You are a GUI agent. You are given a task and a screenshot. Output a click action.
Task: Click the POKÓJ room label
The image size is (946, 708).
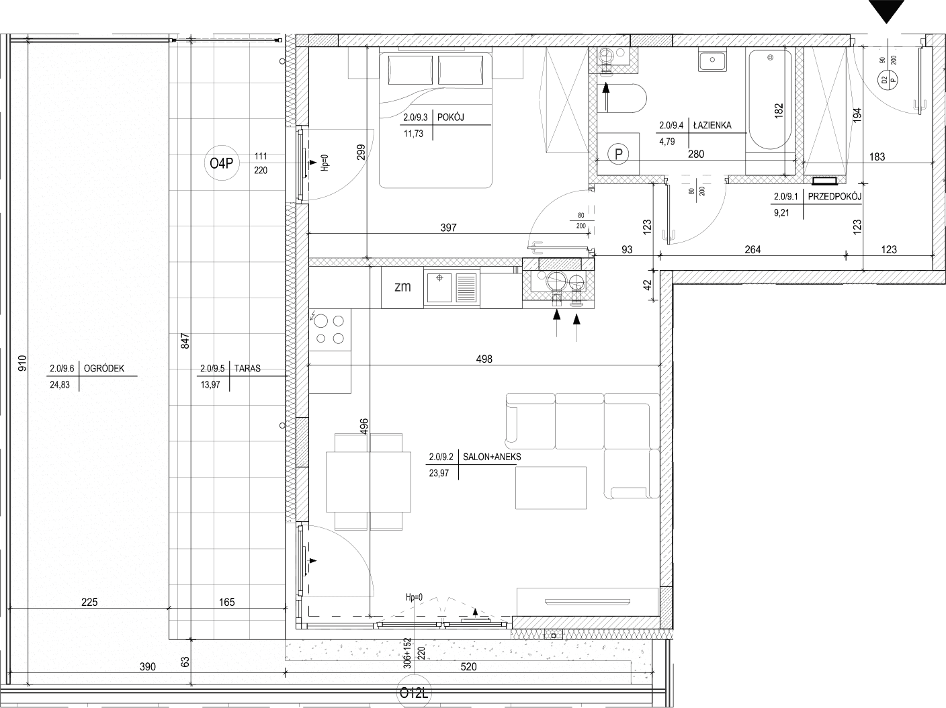point(450,117)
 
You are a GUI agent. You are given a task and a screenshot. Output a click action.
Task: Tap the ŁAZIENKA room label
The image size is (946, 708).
point(712,126)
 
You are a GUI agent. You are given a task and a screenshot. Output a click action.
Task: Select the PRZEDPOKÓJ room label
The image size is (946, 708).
point(834,197)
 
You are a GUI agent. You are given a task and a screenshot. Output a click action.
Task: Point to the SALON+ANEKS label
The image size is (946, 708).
point(492,457)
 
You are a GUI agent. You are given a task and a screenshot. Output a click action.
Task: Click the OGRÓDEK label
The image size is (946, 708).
point(104,368)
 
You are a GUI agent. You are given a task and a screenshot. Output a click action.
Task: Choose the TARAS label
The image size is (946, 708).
point(247,368)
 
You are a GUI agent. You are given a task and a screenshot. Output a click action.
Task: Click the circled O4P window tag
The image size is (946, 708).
point(222,163)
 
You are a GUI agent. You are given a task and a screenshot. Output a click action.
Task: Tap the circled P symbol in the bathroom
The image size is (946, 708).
point(618,154)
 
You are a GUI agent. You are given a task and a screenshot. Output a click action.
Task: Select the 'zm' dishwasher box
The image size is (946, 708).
point(402,287)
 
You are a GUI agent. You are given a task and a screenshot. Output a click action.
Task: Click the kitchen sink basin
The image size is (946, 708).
point(439,287)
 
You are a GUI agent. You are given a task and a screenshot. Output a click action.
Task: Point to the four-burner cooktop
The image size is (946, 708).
point(330,330)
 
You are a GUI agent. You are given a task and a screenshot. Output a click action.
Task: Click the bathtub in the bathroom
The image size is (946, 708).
point(770,99)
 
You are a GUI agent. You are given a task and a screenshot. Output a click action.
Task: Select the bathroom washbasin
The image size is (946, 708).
point(712,60)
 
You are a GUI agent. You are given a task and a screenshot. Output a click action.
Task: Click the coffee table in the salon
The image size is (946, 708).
point(551,488)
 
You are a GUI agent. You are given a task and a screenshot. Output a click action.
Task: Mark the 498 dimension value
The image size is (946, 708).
point(484,359)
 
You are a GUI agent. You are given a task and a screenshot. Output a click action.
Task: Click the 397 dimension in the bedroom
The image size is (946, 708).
point(448,228)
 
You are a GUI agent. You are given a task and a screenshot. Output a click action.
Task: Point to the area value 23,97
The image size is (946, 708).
point(439,473)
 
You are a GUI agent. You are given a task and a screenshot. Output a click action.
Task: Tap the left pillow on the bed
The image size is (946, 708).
point(411,70)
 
